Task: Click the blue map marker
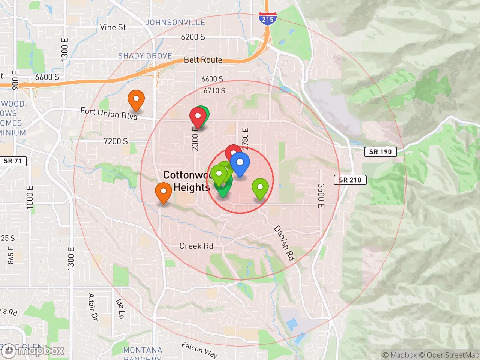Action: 240,163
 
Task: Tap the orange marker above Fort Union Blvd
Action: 136,99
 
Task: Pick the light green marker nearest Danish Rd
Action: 260,187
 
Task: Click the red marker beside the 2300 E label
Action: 197,116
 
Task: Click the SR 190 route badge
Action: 380,152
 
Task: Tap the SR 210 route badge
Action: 350,180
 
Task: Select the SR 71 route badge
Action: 13,161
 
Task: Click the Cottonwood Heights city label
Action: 186,181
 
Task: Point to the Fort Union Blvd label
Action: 109,113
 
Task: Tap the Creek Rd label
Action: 196,246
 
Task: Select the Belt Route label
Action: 203,60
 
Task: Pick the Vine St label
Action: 113,27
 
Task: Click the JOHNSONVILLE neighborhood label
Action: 175,22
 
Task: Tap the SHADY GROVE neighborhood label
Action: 145,56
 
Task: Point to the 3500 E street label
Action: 321,196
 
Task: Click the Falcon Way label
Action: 199,349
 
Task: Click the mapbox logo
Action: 34,351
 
